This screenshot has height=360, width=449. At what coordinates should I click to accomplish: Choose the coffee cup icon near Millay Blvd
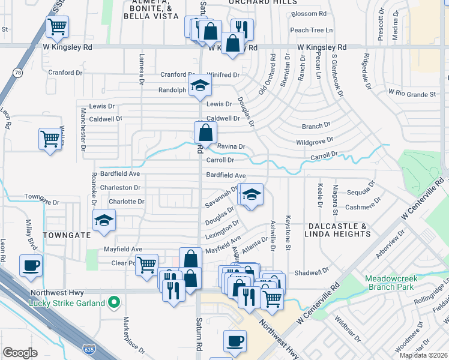coord(31,265)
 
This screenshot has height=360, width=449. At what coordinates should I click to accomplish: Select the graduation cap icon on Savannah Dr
coord(252,194)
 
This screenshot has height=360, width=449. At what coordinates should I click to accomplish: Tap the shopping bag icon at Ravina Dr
coord(205,133)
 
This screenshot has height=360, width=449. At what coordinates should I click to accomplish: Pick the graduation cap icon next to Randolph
coord(200,86)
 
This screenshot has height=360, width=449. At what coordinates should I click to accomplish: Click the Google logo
coord(20,353)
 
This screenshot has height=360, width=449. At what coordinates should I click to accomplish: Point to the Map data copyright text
coord(423,355)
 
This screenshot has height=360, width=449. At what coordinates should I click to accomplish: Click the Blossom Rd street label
coord(309,14)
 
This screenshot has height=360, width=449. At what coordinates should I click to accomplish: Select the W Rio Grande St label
coord(412,94)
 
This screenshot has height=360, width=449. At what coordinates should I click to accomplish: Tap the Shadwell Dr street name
coord(313,272)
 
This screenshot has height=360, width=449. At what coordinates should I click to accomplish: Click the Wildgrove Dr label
coord(314,142)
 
